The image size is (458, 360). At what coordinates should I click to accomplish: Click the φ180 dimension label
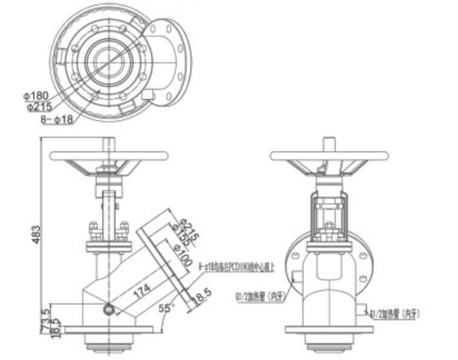(x=36, y=96)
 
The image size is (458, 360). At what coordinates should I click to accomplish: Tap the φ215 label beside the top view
(x=39, y=107)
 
